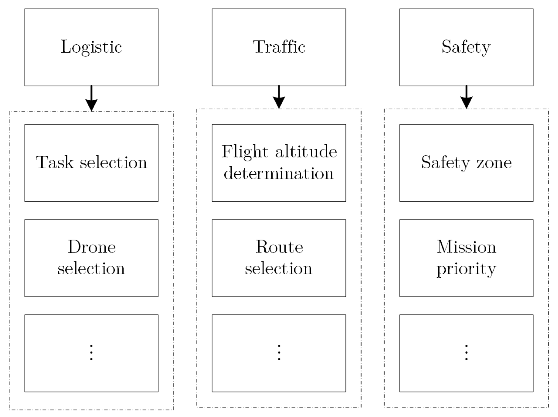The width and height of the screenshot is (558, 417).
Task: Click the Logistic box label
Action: pos(91,47)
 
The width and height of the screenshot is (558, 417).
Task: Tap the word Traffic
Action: pos(279,47)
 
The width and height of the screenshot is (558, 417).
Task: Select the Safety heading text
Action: pos(466,47)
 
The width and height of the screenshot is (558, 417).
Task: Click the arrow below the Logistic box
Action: pos(91,99)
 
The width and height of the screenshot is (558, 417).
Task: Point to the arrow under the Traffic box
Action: pos(279,97)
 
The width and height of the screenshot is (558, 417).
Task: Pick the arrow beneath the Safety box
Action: pos(466,97)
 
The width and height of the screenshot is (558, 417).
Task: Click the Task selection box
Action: pos(91,163)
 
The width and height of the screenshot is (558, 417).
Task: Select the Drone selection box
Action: pos(91,258)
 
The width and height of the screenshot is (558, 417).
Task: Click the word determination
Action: pos(278,174)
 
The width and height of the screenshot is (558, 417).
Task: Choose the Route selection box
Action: pos(279,258)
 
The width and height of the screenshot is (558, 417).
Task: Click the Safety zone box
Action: pos(466,163)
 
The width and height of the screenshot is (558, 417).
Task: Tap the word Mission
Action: pos(466,247)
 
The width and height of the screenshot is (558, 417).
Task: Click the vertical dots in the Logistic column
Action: pos(91,353)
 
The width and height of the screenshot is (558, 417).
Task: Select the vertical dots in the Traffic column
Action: pos(279,353)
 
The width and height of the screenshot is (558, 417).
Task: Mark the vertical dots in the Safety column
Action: pos(466,353)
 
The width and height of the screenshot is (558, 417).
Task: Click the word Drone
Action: pos(92,247)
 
